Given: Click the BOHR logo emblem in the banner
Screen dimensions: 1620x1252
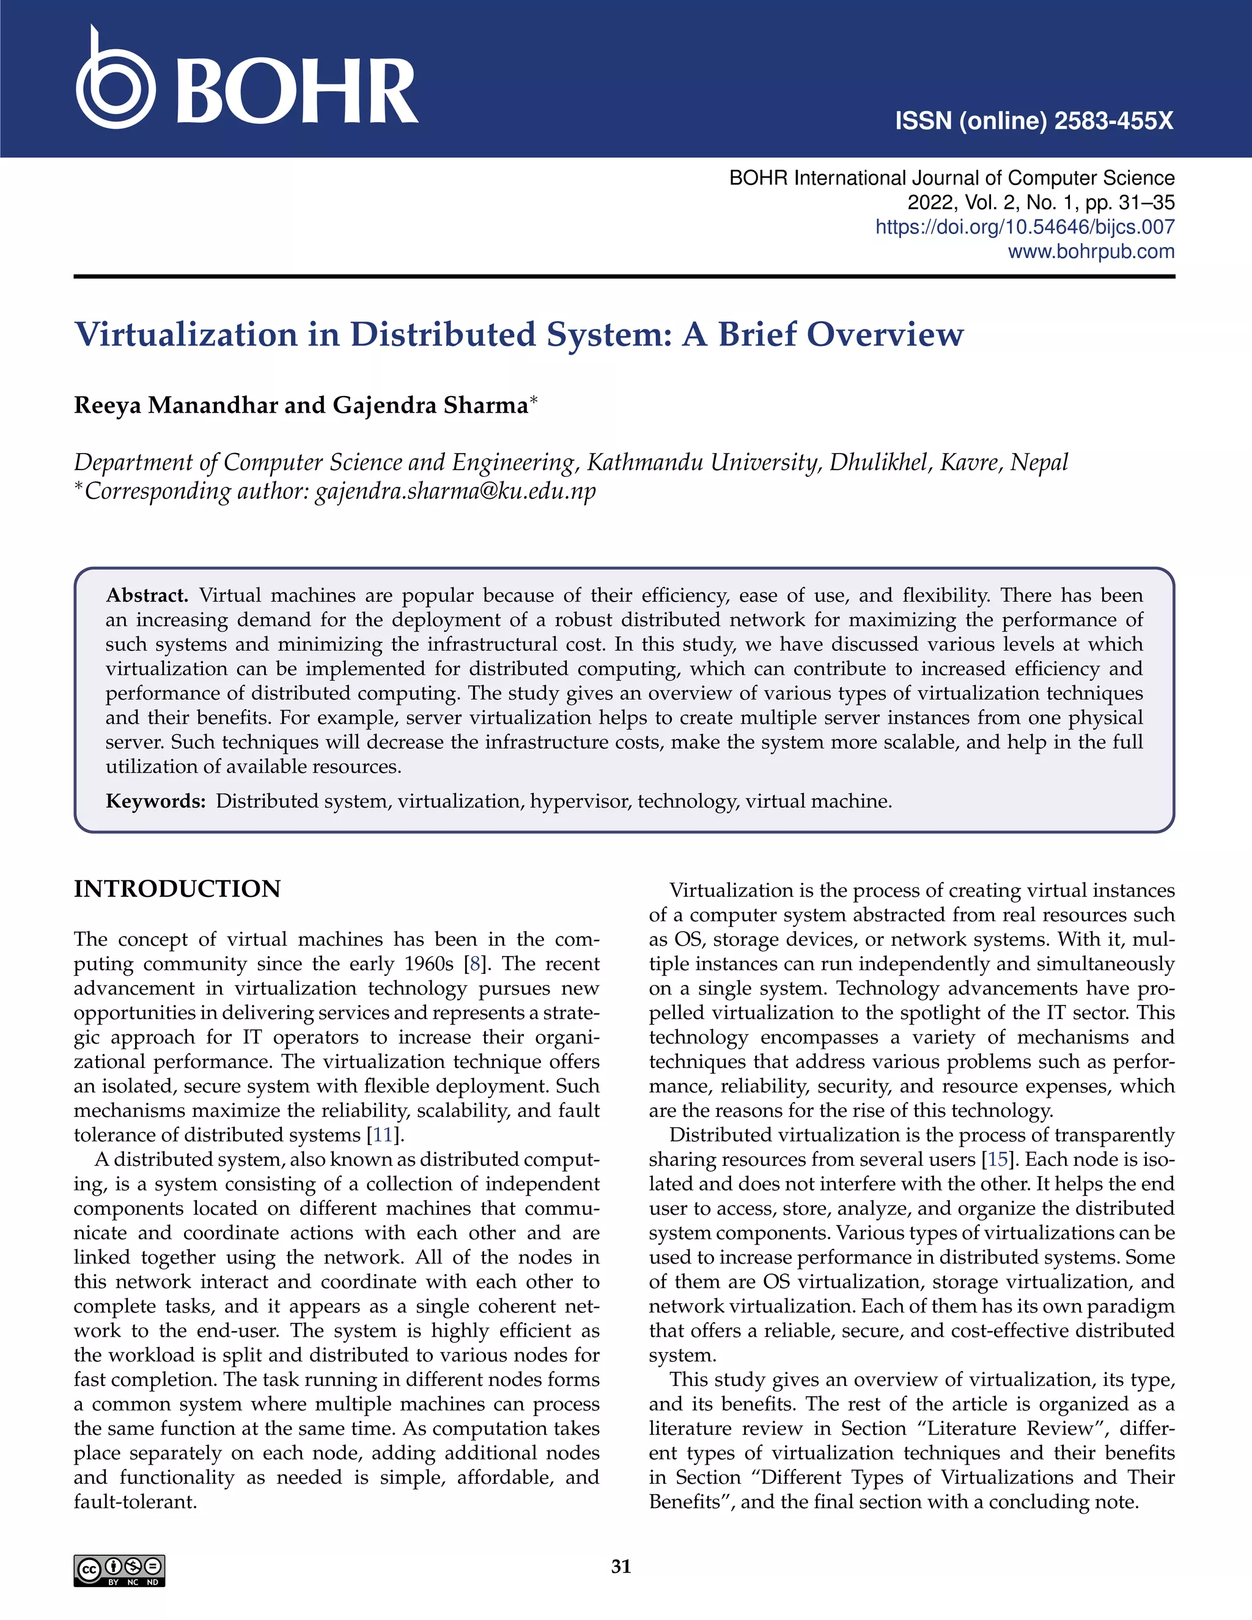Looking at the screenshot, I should (x=115, y=86).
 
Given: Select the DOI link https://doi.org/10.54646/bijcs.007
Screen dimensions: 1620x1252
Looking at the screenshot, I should (x=1025, y=227).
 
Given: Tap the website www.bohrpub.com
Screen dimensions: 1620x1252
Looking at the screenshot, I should (x=1091, y=251).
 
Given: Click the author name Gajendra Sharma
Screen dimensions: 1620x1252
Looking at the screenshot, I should (x=430, y=406).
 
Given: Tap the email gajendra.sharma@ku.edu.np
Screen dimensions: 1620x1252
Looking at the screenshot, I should (x=455, y=491).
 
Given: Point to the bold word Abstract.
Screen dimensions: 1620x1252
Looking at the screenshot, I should (x=146, y=595).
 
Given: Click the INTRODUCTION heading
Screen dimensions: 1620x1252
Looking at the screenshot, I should (x=177, y=889).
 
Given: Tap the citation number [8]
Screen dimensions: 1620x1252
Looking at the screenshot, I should (x=474, y=964).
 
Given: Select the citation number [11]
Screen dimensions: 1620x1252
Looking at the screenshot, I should (x=383, y=1135).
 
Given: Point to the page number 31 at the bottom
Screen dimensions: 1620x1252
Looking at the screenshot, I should (x=621, y=1567).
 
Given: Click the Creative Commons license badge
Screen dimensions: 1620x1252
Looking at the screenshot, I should (x=119, y=1571).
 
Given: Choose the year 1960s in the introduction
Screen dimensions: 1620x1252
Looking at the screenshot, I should (x=428, y=964).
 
